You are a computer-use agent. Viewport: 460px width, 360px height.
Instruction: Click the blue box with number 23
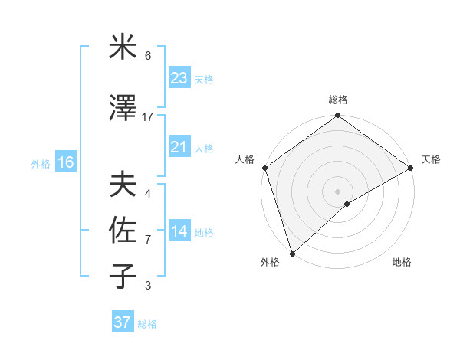(179, 77)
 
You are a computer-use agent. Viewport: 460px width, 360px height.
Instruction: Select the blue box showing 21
(179, 147)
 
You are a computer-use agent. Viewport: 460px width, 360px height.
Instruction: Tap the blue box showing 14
(179, 231)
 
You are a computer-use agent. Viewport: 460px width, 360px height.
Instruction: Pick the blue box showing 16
(65, 162)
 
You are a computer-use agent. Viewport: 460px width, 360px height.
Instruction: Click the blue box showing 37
(122, 322)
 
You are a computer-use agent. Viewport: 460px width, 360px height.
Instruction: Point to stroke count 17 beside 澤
(148, 117)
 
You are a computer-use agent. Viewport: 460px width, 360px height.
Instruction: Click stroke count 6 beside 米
(148, 56)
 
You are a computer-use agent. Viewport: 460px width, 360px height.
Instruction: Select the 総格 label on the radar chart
(337, 100)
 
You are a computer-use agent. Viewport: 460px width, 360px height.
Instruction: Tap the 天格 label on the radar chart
(431, 159)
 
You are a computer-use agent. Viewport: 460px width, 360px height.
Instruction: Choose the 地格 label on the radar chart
(402, 262)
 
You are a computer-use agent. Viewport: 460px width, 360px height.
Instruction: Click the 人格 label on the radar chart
(245, 159)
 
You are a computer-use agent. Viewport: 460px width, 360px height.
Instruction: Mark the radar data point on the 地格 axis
(347, 204)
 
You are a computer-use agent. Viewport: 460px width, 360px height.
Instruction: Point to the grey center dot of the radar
(337, 191)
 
